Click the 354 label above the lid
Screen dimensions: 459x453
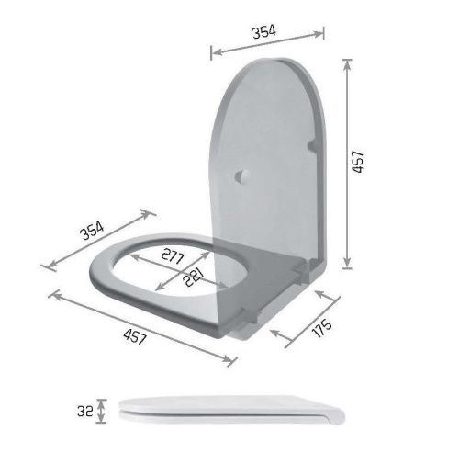(x=264, y=32)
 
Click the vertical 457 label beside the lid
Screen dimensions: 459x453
(x=358, y=162)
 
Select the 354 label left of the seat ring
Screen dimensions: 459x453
(x=92, y=230)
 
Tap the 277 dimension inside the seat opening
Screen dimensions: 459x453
(x=173, y=256)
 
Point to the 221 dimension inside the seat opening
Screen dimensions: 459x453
(x=194, y=277)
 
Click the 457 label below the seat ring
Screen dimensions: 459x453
(x=135, y=336)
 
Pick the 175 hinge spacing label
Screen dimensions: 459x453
(x=322, y=328)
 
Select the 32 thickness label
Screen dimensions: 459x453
(x=85, y=411)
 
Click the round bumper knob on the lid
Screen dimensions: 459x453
(x=242, y=176)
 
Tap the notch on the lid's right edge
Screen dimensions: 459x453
(x=313, y=145)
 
